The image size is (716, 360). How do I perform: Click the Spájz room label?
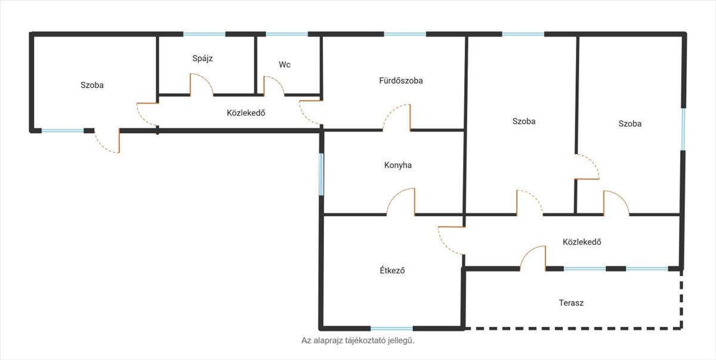(202, 59)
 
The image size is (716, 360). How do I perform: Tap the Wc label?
(285, 64)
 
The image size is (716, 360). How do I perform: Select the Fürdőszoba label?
(401, 81)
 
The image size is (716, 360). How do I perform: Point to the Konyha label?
(397, 165)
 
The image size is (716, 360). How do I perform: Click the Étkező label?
(392, 270)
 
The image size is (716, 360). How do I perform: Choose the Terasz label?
(571, 303)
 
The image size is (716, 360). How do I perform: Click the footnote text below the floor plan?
(357, 340)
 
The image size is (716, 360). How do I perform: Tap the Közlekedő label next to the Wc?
(246, 113)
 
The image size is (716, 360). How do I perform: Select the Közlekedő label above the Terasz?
(582, 242)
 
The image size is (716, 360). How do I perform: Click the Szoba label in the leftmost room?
(92, 85)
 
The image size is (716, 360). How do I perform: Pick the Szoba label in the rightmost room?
(629, 124)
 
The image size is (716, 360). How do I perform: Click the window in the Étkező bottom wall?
(391, 328)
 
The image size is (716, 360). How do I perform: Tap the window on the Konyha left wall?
(321, 174)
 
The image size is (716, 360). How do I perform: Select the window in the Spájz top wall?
(204, 34)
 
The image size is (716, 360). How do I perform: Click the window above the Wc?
(287, 34)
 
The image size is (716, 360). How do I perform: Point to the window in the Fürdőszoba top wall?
(405, 34)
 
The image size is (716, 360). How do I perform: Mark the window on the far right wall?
(683, 130)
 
